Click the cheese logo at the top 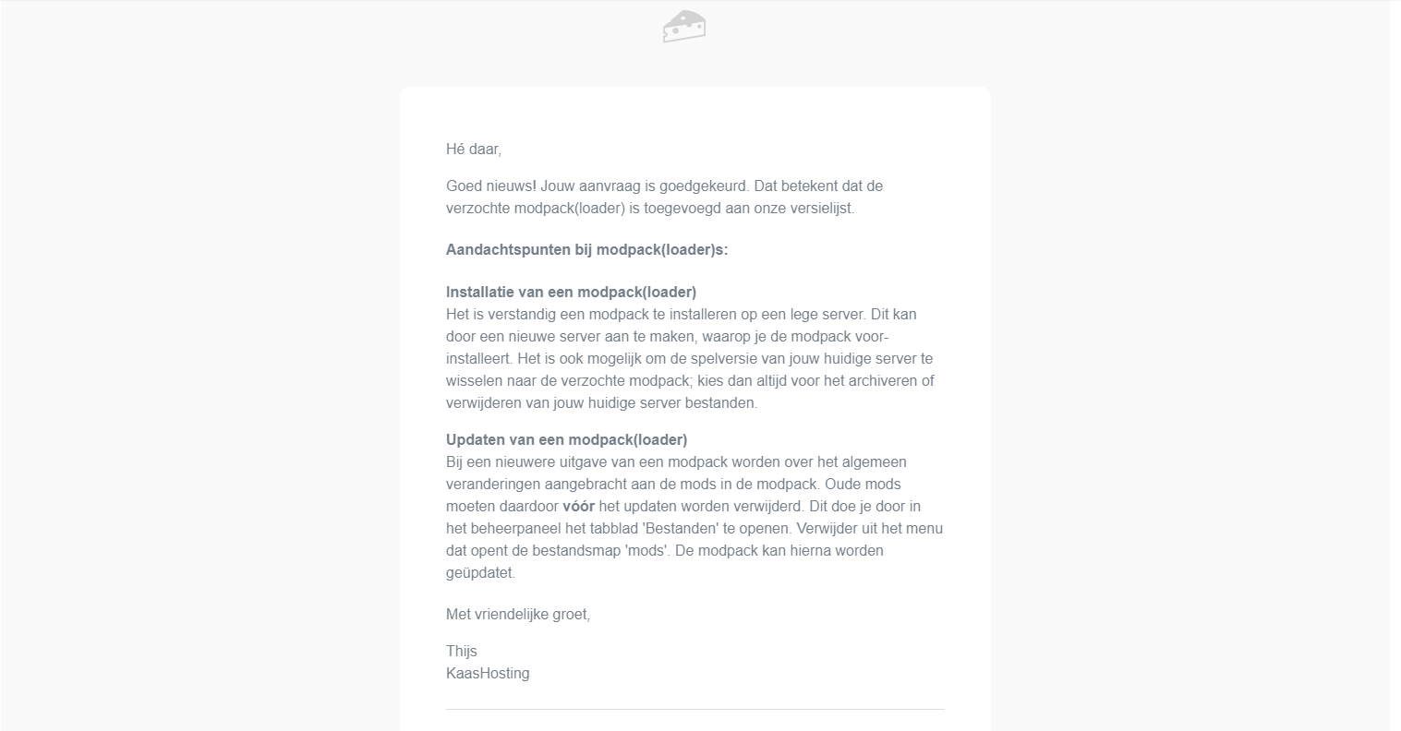tap(684, 26)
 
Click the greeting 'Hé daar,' tap(473, 149)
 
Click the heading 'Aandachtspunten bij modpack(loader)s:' tap(586, 249)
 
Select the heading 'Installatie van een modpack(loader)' tap(571, 292)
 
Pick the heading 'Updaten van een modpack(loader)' tap(566, 439)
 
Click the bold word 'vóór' tap(578, 506)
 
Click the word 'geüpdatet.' tap(480, 572)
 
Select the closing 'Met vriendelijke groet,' tap(517, 614)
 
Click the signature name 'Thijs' tap(461, 651)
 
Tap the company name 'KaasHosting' tap(488, 673)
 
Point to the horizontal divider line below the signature tap(694, 709)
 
